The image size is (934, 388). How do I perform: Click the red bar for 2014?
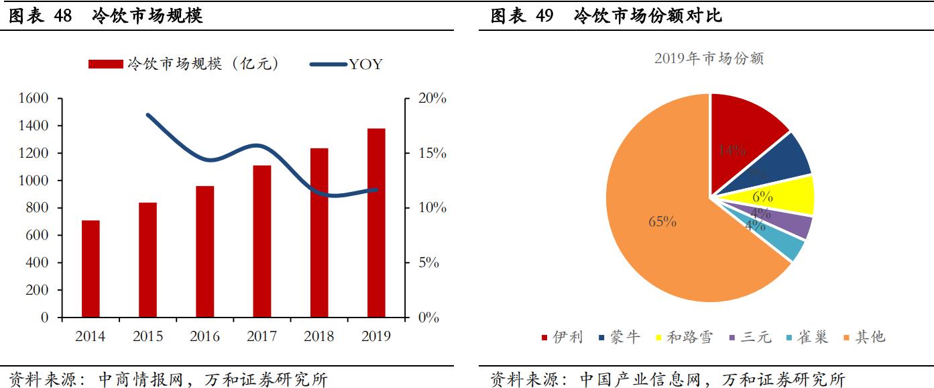coord(91,269)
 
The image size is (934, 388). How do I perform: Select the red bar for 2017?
coord(262,241)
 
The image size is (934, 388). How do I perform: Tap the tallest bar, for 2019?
coord(376,222)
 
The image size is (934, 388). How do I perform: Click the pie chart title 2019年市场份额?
coord(709,59)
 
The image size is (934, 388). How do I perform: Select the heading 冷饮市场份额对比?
coord(648,16)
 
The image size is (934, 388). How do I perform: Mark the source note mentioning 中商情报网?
coord(168,379)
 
